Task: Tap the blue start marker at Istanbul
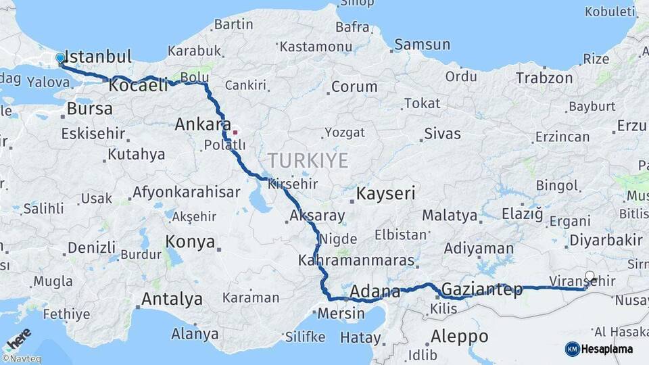(x=60, y=58)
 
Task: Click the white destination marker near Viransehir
(x=590, y=276)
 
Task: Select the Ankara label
(x=199, y=124)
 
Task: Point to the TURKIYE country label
(x=308, y=161)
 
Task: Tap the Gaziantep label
(x=482, y=290)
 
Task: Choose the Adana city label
(x=375, y=293)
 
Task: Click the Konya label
(x=190, y=242)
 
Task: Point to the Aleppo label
(x=459, y=336)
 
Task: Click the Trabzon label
(x=544, y=78)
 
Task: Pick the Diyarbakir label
(x=606, y=240)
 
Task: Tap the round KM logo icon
(x=572, y=349)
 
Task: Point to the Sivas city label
(x=442, y=133)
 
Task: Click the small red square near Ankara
(x=235, y=132)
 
